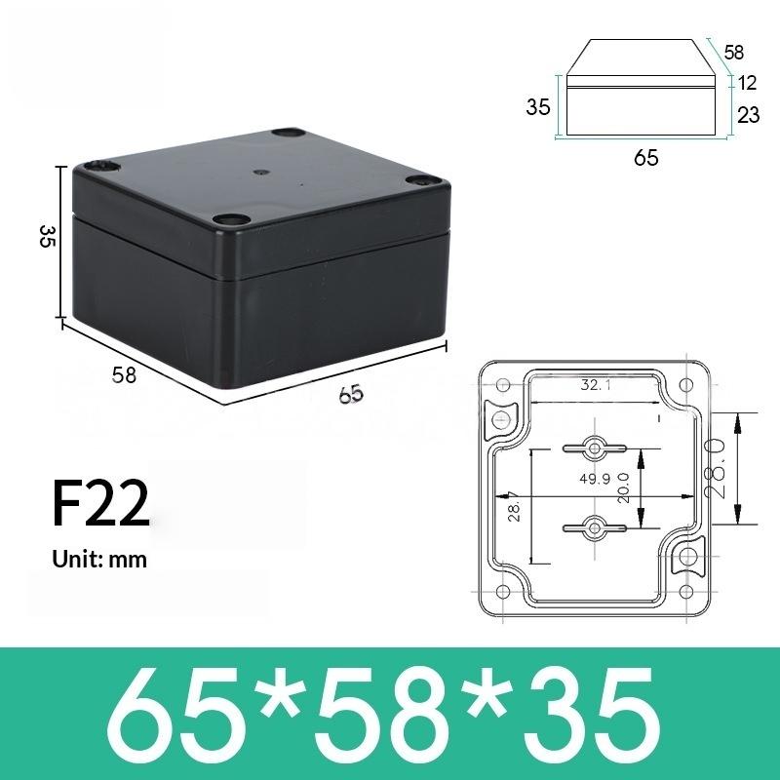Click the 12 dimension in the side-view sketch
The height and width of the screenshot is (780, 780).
748,84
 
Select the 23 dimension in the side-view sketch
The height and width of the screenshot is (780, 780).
748,115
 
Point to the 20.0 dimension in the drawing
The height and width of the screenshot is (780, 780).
622,484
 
